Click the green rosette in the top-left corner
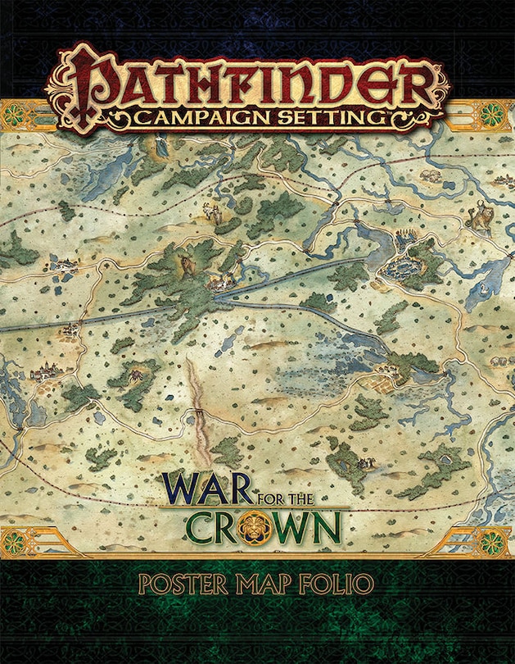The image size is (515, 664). (16, 114)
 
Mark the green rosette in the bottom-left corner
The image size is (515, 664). (16, 542)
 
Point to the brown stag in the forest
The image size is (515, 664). (185, 264)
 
